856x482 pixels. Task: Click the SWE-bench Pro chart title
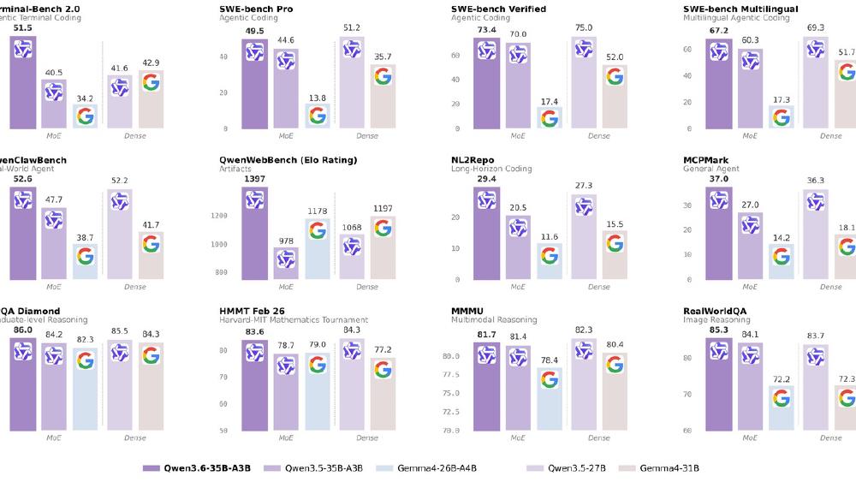pos(255,9)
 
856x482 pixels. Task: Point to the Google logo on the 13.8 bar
pos(318,115)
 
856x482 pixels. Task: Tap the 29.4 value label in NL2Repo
pos(486,177)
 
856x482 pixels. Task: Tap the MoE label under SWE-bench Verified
pos(518,135)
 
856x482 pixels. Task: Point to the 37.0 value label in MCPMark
pos(719,177)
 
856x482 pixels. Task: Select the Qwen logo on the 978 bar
pos(286,259)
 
